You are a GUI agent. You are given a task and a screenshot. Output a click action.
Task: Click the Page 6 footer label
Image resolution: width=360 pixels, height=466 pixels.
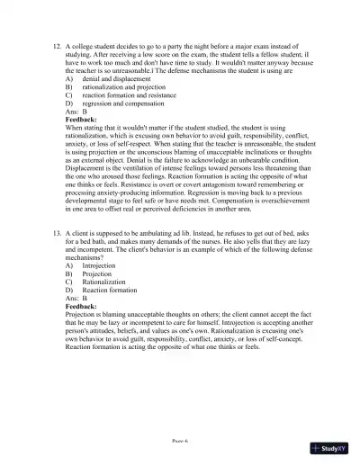tap(180, 441)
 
